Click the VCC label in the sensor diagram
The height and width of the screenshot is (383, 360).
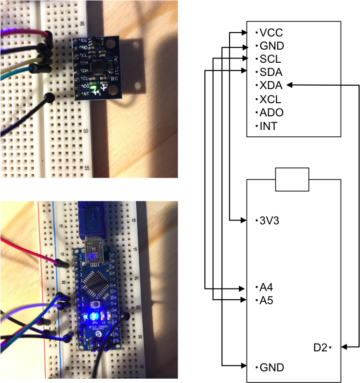tap(271, 33)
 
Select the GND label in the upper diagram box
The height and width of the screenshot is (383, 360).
tap(271, 46)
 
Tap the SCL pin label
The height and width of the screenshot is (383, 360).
tap(270, 59)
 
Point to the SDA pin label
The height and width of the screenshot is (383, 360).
tap(271, 73)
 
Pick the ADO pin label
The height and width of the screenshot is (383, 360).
tap(271, 112)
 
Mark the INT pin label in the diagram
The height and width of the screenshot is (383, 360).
tap(269, 126)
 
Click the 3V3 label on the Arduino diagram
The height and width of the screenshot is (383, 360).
tap(270, 221)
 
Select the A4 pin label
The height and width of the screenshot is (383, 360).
tap(267, 287)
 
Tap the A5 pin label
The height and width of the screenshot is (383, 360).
tap(267, 300)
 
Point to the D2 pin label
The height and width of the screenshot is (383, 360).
tap(321, 348)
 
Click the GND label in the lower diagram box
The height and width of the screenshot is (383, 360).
tap(271, 367)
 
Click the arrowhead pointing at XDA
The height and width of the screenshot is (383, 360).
tap(290, 86)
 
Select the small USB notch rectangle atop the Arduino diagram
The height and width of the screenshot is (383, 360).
tap(292, 180)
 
